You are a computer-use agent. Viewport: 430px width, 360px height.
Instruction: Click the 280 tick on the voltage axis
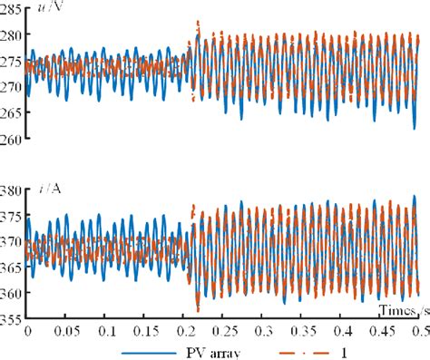point(12,35)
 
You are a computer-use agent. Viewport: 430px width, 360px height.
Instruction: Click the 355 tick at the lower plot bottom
point(12,319)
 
